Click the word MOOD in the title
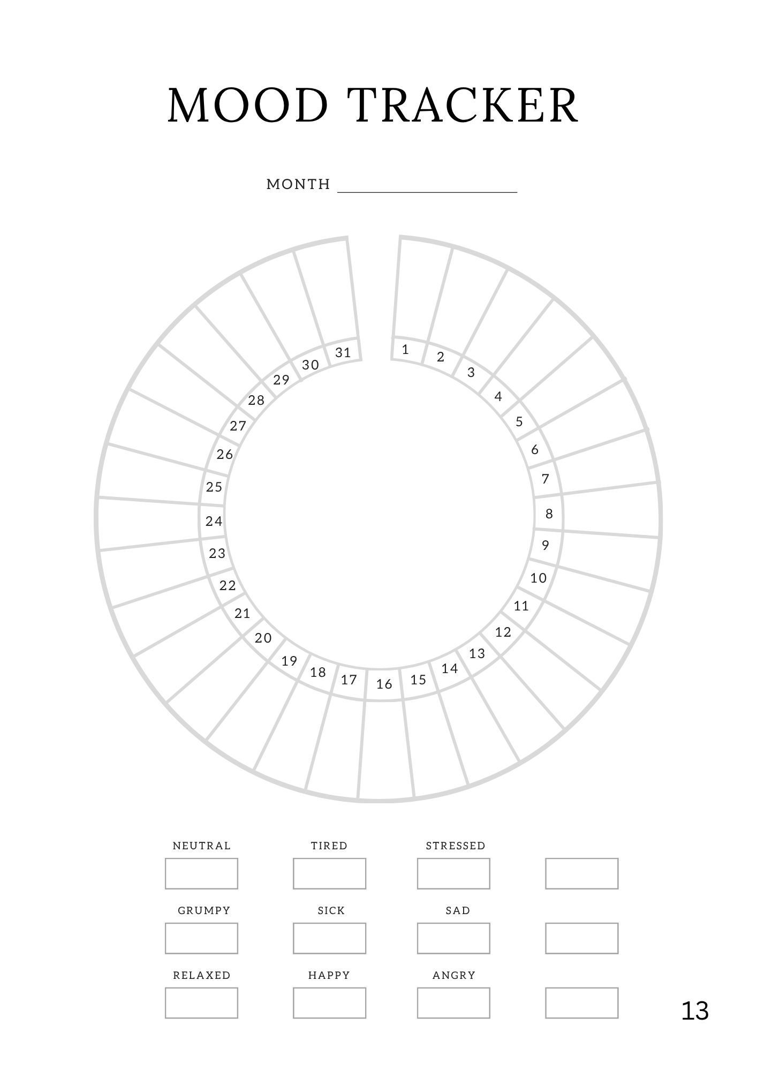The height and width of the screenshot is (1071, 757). click(247, 105)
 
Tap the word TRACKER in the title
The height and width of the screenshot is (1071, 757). click(463, 105)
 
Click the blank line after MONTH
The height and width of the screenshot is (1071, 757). click(427, 191)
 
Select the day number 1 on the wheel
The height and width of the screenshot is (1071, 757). click(405, 350)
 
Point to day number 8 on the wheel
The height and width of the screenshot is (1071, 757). click(549, 514)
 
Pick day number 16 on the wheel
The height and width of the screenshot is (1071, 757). click(384, 684)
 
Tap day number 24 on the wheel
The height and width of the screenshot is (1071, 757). click(214, 521)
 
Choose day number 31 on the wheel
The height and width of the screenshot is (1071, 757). click(343, 352)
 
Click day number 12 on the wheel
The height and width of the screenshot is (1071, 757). click(503, 632)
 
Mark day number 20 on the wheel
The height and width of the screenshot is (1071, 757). click(263, 638)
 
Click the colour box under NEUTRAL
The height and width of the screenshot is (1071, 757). click(201, 873)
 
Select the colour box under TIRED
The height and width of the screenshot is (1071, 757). click(329, 873)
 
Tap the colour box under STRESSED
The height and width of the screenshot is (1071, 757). click(453, 873)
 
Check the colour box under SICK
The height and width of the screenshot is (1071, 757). click(329, 938)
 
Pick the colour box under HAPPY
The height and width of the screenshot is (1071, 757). click(329, 1003)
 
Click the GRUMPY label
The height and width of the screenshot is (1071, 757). click(204, 910)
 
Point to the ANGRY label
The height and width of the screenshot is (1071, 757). click(454, 975)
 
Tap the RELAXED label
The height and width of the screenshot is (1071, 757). click(202, 975)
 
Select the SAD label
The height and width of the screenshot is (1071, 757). click(458, 910)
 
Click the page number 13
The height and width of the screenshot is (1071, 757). click(695, 1011)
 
